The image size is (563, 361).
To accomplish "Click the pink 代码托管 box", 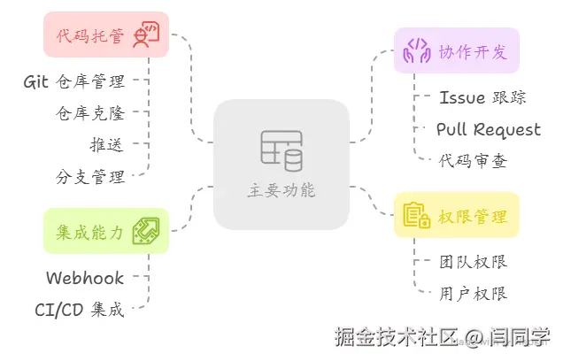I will [x=105, y=35].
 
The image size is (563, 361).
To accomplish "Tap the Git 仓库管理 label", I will [x=74, y=82].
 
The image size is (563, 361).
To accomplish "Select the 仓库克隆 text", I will [x=89, y=113].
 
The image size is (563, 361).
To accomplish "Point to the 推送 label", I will [x=106, y=144].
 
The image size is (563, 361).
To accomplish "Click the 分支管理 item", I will [x=89, y=175].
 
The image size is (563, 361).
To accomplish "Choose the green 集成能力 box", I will [x=105, y=231].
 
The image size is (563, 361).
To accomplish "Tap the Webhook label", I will [x=85, y=278].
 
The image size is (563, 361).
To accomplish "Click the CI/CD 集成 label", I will [x=80, y=309].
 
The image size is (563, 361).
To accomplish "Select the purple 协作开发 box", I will [x=456, y=50].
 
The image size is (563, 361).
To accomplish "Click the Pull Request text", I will [x=488, y=129].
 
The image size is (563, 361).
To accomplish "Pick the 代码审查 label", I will [x=473, y=160].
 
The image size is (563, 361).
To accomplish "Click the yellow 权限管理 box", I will [x=456, y=215].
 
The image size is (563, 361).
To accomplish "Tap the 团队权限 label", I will [x=473, y=262].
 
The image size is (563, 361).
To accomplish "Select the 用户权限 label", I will [x=473, y=293].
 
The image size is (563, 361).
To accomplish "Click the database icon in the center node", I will [x=281, y=150].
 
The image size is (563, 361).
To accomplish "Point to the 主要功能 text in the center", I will [x=281, y=190].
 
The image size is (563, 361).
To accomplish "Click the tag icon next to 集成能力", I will [x=145, y=231].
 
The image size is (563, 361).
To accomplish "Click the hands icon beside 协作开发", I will [x=416, y=50].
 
